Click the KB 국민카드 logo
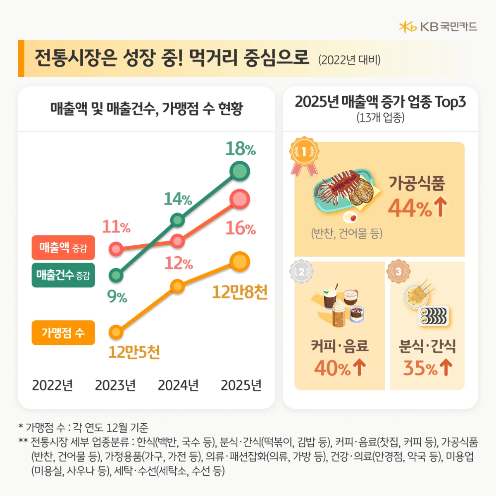click(438, 27)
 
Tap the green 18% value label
click(240, 149)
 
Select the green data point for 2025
click(240, 171)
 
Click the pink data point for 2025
click(240, 199)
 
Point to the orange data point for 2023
click(116, 332)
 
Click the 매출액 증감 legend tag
click(63, 248)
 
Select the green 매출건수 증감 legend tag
click(63, 275)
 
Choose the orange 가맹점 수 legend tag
click(63, 332)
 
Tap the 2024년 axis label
click(178, 385)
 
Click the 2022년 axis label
click(52, 385)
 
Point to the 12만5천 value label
click(134, 352)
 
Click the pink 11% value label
click(116, 227)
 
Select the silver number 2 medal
click(301, 272)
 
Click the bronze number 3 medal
click(398, 272)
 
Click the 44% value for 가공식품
click(410, 208)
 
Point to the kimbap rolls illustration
click(434, 317)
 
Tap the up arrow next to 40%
click(360, 367)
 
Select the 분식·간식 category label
click(427, 346)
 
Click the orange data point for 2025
click(240, 262)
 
